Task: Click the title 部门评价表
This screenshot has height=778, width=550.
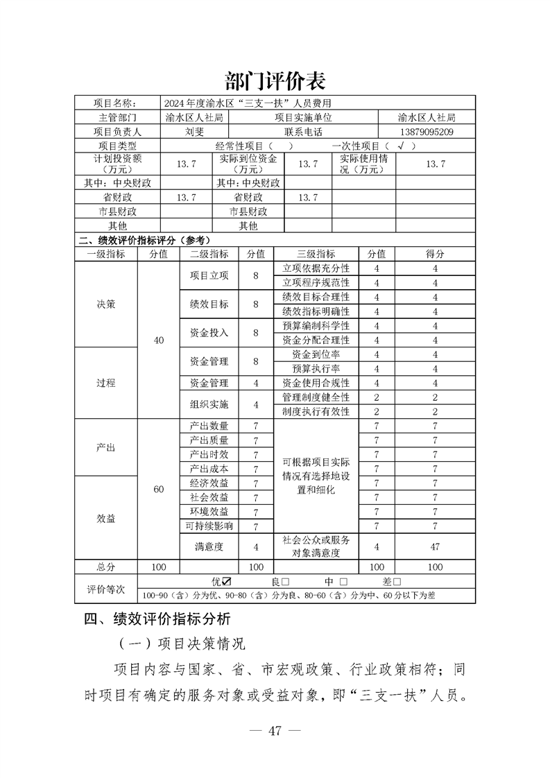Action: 275,80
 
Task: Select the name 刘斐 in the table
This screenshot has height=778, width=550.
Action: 194,132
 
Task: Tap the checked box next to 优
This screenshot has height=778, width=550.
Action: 227,581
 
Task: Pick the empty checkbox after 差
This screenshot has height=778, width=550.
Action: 397,582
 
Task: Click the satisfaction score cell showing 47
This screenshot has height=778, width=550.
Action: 435,546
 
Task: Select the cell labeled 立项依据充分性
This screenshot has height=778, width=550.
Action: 316,268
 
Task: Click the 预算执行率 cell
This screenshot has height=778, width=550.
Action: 316,368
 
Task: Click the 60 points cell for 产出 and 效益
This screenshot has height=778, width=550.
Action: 159,490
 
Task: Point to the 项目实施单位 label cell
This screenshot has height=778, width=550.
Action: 303,118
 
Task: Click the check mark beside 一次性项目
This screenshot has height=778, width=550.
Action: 401,146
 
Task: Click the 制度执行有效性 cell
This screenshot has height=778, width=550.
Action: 316,411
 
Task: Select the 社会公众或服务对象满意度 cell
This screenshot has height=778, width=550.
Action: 316,546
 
